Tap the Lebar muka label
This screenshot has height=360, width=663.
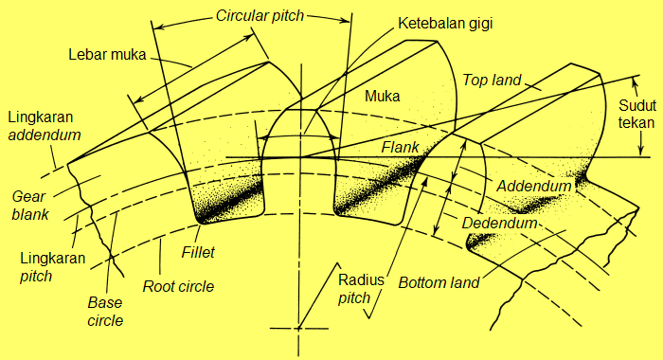(107, 54)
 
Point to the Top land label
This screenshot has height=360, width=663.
(493, 80)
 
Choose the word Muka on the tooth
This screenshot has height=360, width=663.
(382, 96)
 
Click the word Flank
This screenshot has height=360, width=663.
(401, 148)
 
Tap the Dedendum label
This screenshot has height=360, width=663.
(499, 224)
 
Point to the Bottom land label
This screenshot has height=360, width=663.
(439, 282)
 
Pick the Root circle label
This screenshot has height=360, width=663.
(177, 286)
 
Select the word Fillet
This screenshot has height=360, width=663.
(200, 253)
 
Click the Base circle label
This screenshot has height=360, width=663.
(105, 312)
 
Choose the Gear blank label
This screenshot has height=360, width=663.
(29, 205)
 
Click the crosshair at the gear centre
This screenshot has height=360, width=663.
(298, 328)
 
